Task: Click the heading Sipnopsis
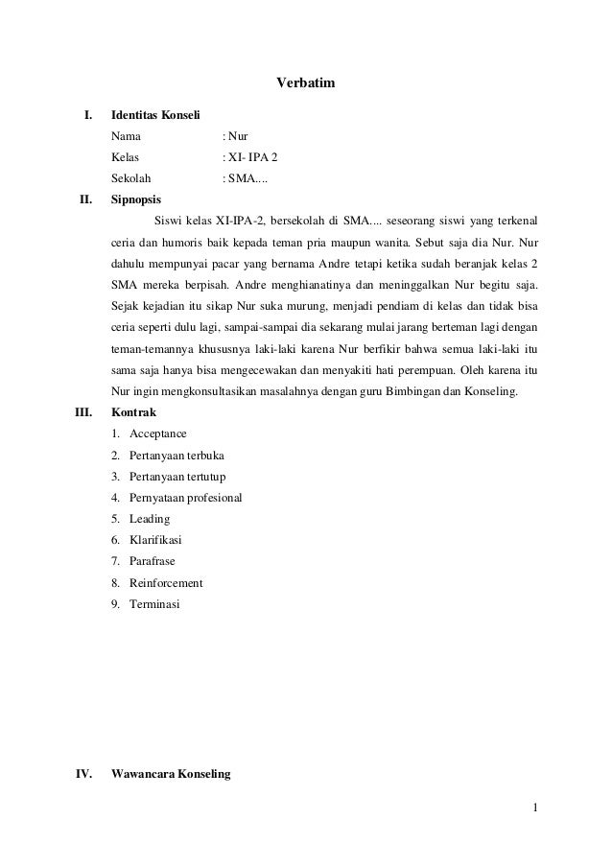[136, 201]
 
